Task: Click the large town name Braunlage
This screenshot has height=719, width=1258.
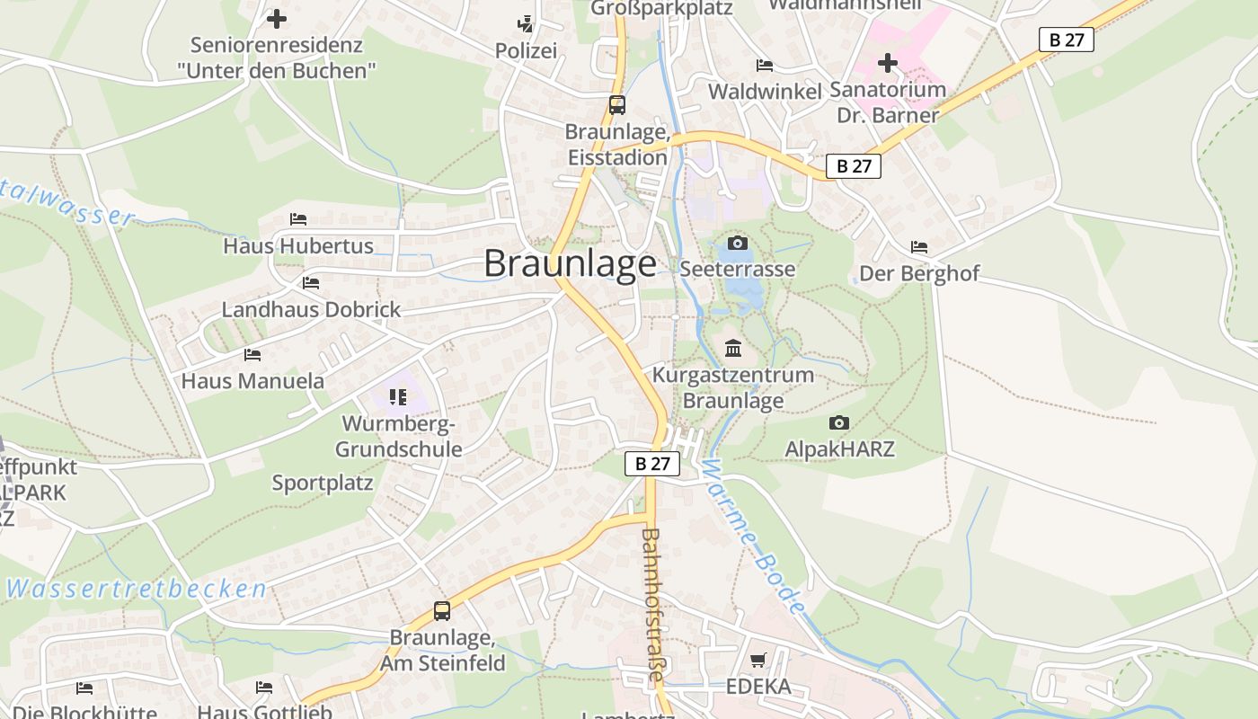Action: pos(570,263)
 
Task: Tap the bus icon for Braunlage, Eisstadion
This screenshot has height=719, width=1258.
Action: pos(617,104)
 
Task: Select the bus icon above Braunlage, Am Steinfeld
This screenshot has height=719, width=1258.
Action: pos(442,611)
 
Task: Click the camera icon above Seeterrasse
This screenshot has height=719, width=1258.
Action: pos(738,243)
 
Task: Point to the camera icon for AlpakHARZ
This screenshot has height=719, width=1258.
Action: pos(839,422)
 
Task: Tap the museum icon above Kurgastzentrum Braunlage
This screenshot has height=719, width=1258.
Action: pos(733,349)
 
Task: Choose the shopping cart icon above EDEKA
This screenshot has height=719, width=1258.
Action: pos(758,661)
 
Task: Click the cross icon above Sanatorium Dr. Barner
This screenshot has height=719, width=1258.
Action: pos(888,63)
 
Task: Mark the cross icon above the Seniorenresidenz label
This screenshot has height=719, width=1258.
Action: pos(277,18)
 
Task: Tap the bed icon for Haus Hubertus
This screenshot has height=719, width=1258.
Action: pos(298,218)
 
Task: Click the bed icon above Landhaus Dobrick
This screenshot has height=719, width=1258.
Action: pos(311,282)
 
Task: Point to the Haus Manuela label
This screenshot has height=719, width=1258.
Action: pos(252,381)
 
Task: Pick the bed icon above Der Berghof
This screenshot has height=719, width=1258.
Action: pos(918,246)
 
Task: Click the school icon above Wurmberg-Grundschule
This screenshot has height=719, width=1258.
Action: pos(398,396)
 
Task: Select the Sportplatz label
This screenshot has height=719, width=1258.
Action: pos(323,483)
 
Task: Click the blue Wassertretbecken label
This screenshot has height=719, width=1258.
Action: pos(137,590)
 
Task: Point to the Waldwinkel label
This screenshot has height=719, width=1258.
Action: pos(765,92)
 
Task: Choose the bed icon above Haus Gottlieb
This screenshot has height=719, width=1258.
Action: pos(264,688)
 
